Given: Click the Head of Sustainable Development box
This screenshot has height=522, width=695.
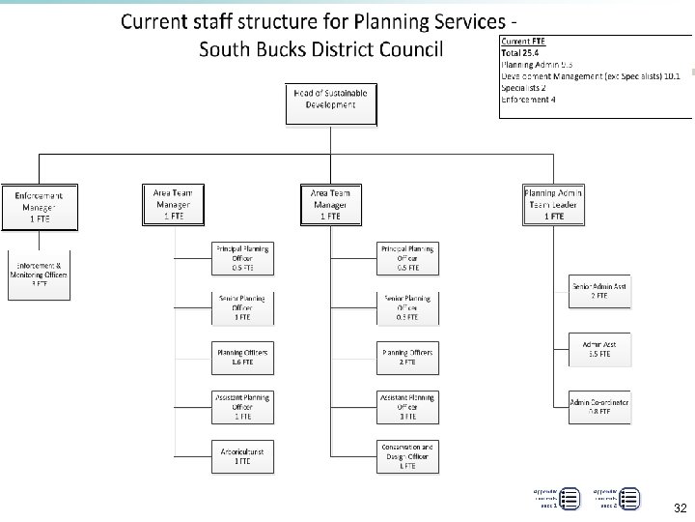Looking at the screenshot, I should [330, 103].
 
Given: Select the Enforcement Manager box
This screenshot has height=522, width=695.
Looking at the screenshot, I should [40, 207].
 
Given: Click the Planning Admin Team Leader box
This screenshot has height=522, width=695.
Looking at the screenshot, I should [553, 205].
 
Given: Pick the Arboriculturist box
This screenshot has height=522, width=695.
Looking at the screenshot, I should [241, 454].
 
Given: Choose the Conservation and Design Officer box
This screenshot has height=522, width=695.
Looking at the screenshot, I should [407, 456].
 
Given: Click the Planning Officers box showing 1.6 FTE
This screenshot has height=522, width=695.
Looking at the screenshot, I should [241, 358].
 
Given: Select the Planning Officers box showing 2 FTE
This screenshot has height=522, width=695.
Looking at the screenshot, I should [407, 358].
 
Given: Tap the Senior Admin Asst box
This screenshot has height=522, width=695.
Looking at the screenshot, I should [599, 291].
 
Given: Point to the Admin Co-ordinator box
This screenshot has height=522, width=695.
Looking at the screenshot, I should [599, 406].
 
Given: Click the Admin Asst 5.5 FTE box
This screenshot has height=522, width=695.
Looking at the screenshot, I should [599, 349].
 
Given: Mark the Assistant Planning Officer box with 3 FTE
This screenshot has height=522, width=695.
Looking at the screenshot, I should [407, 406].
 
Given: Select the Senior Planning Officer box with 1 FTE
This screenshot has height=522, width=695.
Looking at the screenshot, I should [241, 307].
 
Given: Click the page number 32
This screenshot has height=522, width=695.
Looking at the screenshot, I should [680, 508].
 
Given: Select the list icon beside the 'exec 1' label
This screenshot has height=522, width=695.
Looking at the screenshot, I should [570, 499].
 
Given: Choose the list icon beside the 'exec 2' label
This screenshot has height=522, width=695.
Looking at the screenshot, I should [629, 499].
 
